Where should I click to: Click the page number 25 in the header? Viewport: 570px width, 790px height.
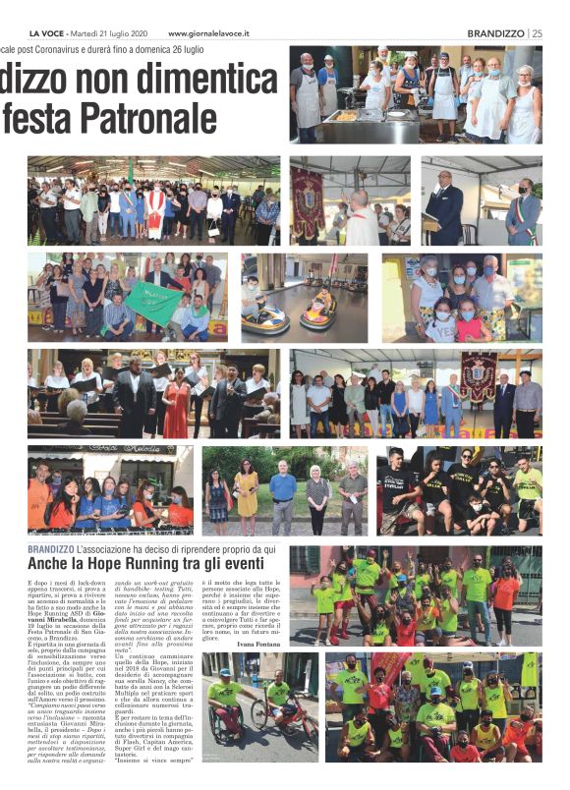coord(537,32)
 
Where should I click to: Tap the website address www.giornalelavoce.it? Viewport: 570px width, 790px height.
coord(214,33)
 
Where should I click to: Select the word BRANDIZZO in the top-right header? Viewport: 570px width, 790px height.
coord(495,32)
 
